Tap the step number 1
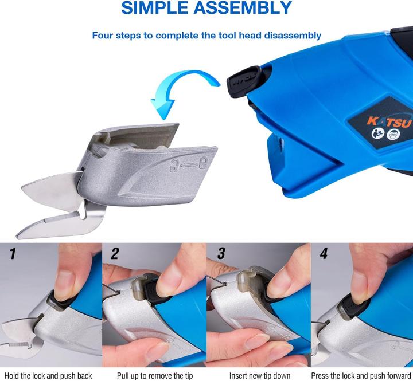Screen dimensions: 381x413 13,253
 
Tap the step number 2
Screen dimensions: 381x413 116,253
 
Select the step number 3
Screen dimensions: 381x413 220,253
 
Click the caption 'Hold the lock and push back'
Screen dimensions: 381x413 51,376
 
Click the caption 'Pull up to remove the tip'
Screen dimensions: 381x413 155,376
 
